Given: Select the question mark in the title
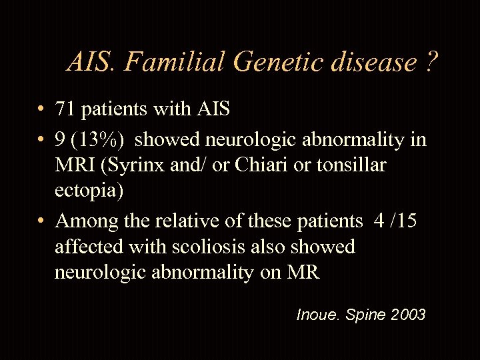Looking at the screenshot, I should point(431,63).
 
